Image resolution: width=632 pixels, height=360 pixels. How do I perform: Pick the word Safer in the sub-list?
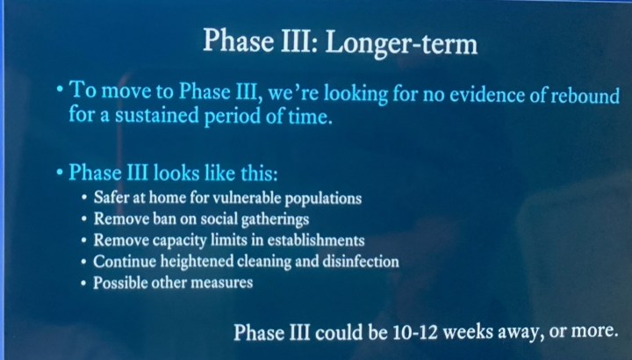tap(112, 198)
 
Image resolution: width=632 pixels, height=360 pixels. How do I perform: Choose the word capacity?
tap(183, 241)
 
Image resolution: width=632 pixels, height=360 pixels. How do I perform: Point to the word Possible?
tap(122, 283)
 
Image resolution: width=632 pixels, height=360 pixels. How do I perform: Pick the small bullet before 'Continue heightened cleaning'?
tap(83, 263)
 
